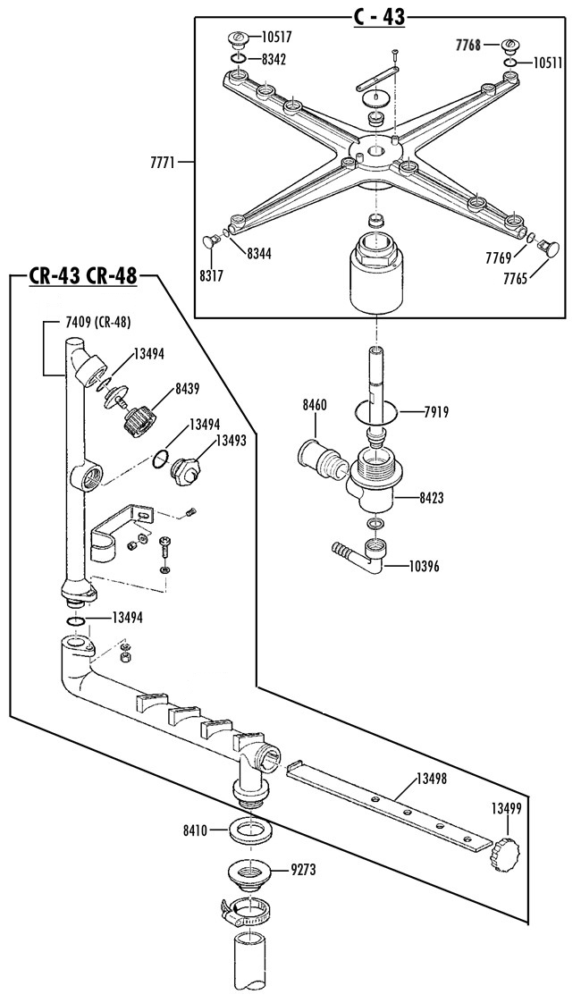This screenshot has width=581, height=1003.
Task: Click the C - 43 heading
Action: pyautogui.click(x=380, y=17)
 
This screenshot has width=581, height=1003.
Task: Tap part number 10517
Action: pyautogui.click(x=277, y=38)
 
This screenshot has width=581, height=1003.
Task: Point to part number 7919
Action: pyautogui.click(x=436, y=412)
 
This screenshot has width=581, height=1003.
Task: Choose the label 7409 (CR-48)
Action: pyautogui.click(x=98, y=323)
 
